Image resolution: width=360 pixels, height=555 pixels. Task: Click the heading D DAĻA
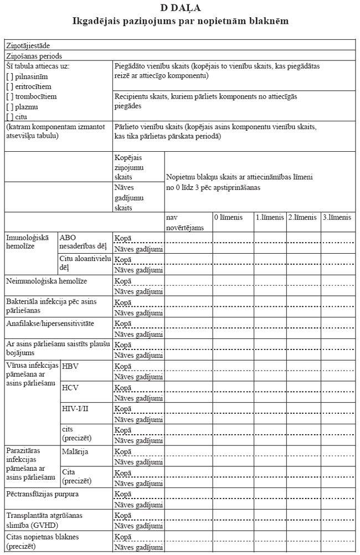180,8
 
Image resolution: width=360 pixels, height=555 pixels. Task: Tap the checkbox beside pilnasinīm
9,76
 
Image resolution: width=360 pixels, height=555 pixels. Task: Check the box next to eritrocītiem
9,86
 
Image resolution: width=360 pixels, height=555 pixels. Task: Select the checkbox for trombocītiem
9,96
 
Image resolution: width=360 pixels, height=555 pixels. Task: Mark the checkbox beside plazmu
9,106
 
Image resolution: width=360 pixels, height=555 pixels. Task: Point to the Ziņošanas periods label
34,55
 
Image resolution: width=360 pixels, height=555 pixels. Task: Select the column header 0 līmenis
228,218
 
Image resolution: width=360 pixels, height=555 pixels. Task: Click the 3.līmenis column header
337,218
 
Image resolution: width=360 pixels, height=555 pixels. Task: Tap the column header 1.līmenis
270,218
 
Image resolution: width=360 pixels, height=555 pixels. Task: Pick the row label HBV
70,367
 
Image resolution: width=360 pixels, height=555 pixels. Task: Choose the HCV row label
70,388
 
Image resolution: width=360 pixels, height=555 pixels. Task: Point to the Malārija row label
76,452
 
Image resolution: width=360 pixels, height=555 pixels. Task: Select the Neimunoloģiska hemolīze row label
47,281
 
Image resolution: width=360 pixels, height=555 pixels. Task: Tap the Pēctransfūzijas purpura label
46,493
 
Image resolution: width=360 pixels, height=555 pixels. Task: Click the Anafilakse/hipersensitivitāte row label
50,323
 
